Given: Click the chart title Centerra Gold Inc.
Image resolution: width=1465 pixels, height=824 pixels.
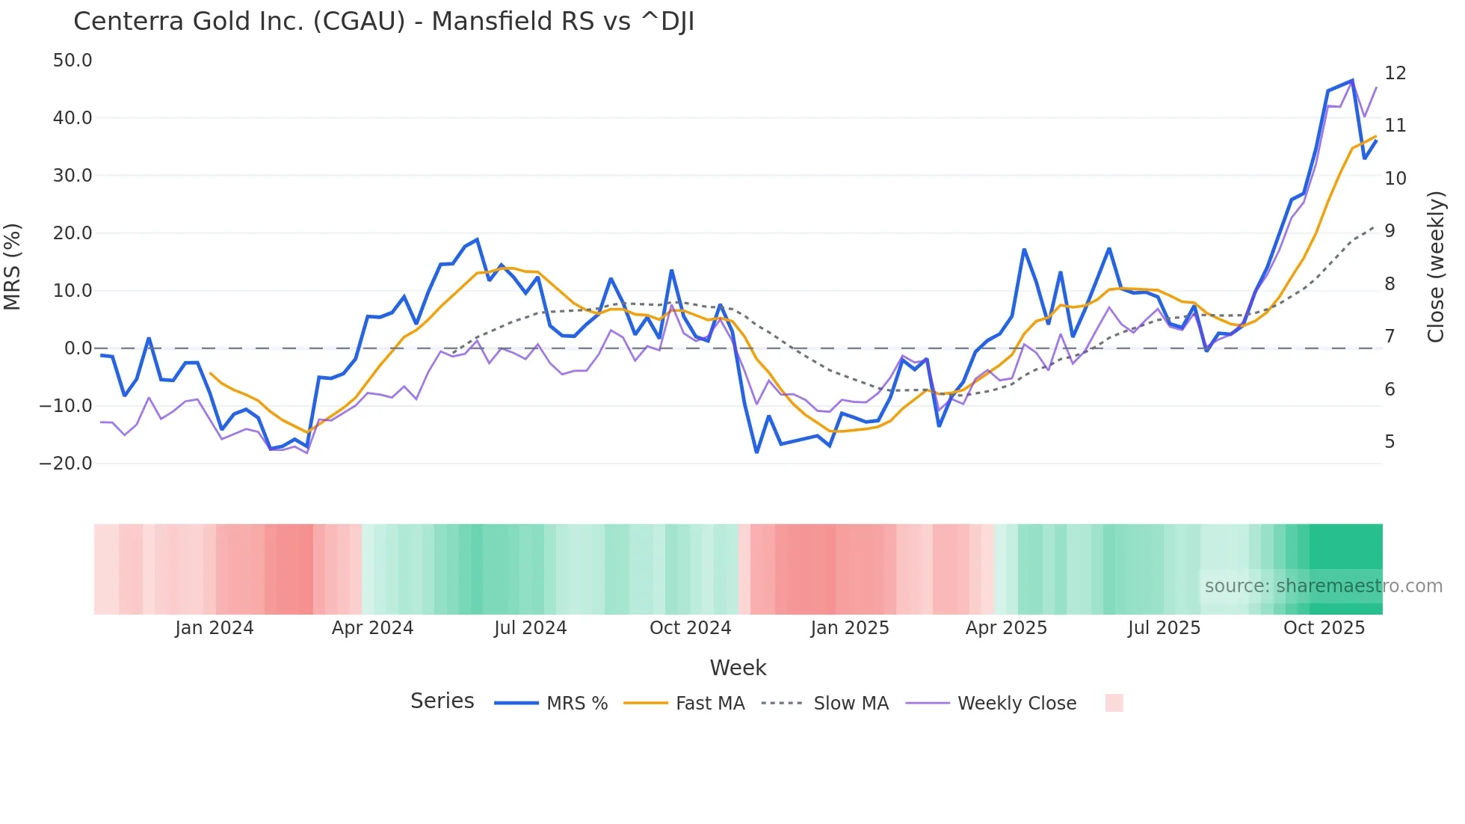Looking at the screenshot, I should coord(383,22).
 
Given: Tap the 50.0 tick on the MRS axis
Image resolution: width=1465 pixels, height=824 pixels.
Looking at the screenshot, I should coord(73,61).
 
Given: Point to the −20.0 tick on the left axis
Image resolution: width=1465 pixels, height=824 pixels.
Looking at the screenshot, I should coord(66,464).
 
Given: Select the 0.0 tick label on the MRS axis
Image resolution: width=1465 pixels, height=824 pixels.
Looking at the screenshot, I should coord(78,348).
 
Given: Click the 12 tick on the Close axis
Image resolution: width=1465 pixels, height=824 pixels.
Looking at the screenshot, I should coord(1395,73).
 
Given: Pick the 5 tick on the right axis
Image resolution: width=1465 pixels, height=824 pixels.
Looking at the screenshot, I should coord(1390,442).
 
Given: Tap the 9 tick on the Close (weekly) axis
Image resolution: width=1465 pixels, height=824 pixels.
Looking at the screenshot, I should coord(1390,231).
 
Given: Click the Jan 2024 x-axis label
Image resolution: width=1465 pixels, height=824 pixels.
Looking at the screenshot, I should coord(215,628).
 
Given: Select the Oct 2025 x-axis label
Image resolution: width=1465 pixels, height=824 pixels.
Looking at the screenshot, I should coord(1324,628).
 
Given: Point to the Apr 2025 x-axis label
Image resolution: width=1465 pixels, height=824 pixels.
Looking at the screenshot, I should coord(1006,628).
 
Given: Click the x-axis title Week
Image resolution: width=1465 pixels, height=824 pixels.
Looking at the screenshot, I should coord(738,668).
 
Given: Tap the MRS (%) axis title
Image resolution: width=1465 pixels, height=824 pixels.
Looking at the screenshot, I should coord(12,266).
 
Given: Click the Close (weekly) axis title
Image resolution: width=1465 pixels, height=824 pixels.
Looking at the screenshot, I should coord(1435,266).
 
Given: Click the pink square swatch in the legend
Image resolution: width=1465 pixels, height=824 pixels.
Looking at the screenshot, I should coord(1114,703).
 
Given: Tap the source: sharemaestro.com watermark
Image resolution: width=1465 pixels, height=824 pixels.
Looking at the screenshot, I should coord(1323,586).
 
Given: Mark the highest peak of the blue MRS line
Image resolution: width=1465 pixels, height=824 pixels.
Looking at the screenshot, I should coord(1351,81).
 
